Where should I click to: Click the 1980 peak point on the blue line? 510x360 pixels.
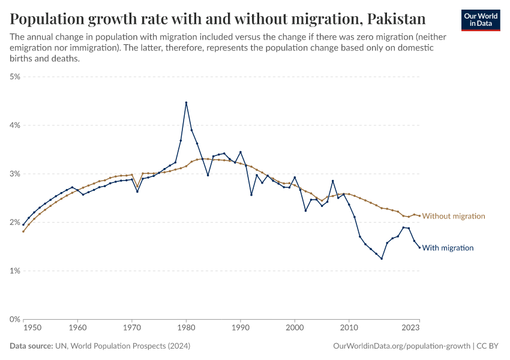186,103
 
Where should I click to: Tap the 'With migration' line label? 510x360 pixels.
448,248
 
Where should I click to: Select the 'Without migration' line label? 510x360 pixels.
454,216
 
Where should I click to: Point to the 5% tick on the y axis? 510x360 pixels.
15,77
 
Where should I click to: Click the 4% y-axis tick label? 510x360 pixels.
15,125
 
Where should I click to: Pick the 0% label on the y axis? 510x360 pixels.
15,319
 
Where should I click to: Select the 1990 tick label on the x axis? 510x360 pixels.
241,328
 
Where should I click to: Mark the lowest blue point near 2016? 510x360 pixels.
382,259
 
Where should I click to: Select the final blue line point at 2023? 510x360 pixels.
419,248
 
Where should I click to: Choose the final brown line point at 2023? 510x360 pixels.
419,216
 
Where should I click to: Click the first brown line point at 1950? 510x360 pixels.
23,231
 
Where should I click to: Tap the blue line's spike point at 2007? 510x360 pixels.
332,181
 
